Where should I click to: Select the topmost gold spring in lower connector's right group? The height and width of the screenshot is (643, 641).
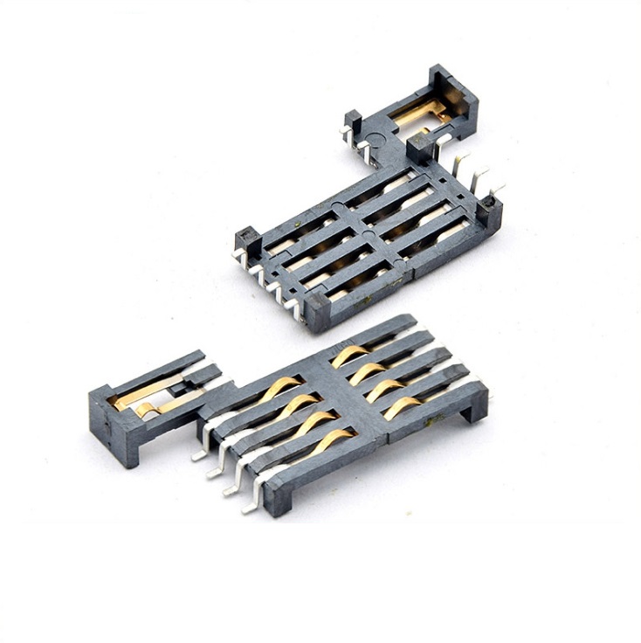tap(348, 354)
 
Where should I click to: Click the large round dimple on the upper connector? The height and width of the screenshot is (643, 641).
tap(376, 137)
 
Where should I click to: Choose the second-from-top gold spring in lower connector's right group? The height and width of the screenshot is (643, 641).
tap(365, 371)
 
